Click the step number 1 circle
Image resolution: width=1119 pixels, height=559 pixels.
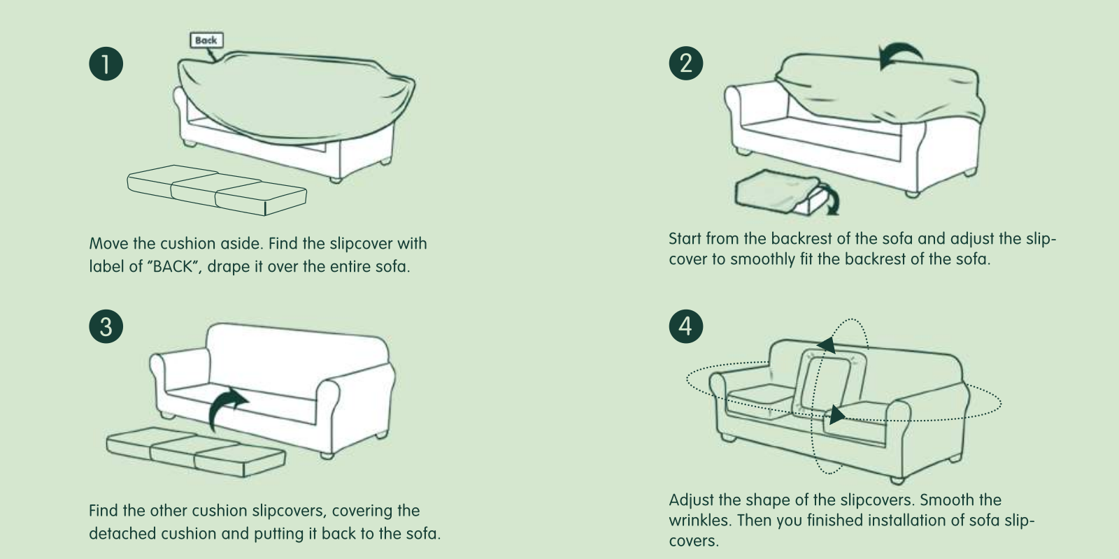pyautogui.click(x=106, y=64)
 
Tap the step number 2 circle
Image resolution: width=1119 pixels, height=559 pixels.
pyautogui.click(x=686, y=64)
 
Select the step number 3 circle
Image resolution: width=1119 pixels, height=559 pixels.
pyautogui.click(x=106, y=326)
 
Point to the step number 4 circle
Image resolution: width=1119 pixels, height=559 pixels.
pyautogui.click(x=686, y=326)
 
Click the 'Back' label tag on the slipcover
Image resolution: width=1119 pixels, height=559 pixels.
pyautogui.click(x=206, y=41)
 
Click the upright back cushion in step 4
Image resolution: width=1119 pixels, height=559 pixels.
pyautogui.click(x=829, y=382)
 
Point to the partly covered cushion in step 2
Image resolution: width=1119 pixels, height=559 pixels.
pyautogui.click(x=778, y=192)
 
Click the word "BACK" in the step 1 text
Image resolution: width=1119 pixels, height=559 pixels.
pyautogui.click(x=173, y=266)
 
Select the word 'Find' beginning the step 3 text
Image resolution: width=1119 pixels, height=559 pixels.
pyautogui.click(x=104, y=511)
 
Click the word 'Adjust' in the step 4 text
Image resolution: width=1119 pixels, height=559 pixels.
pyautogui.click(x=690, y=500)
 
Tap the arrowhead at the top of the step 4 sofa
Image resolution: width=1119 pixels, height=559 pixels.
pyautogui.click(x=827, y=345)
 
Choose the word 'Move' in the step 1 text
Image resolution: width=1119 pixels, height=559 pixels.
pyautogui.click(x=108, y=244)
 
